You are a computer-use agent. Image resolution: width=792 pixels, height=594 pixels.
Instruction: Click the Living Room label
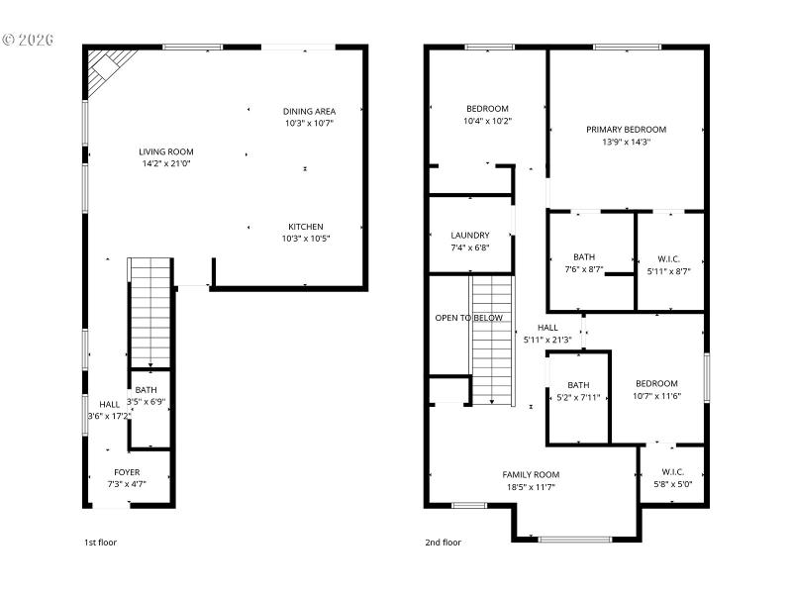click(x=165, y=151)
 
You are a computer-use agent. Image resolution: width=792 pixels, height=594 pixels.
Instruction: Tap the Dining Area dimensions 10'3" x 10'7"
click(x=310, y=124)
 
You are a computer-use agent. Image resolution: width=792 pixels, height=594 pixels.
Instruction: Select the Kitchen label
click(x=305, y=226)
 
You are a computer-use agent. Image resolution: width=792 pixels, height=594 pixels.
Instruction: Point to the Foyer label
click(x=127, y=472)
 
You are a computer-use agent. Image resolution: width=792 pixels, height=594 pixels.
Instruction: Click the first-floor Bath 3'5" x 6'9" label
click(x=146, y=390)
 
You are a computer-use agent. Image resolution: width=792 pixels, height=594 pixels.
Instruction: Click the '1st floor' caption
click(x=100, y=542)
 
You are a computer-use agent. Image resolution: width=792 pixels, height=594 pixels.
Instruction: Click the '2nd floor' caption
click(x=444, y=542)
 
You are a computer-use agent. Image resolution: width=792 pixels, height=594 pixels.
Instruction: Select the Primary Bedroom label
click(x=626, y=129)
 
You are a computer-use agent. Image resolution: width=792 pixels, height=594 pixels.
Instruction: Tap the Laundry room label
click(x=470, y=236)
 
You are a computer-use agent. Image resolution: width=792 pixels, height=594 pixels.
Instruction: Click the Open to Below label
click(x=468, y=318)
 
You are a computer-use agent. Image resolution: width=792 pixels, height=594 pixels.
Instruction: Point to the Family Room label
click(x=531, y=474)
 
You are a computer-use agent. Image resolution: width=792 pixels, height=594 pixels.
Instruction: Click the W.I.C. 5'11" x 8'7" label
click(x=669, y=257)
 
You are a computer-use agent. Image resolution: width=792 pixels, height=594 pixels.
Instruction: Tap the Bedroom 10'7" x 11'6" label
click(x=656, y=384)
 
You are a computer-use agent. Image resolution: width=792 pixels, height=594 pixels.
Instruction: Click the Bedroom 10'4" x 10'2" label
click(x=487, y=109)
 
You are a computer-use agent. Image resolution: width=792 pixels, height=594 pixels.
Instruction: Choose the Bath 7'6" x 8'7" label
click(x=583, y=256)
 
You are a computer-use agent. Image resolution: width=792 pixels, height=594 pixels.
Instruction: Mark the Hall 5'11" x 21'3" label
click(x=547, y=328)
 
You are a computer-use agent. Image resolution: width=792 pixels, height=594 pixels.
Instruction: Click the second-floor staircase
click(x=493, y=342)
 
